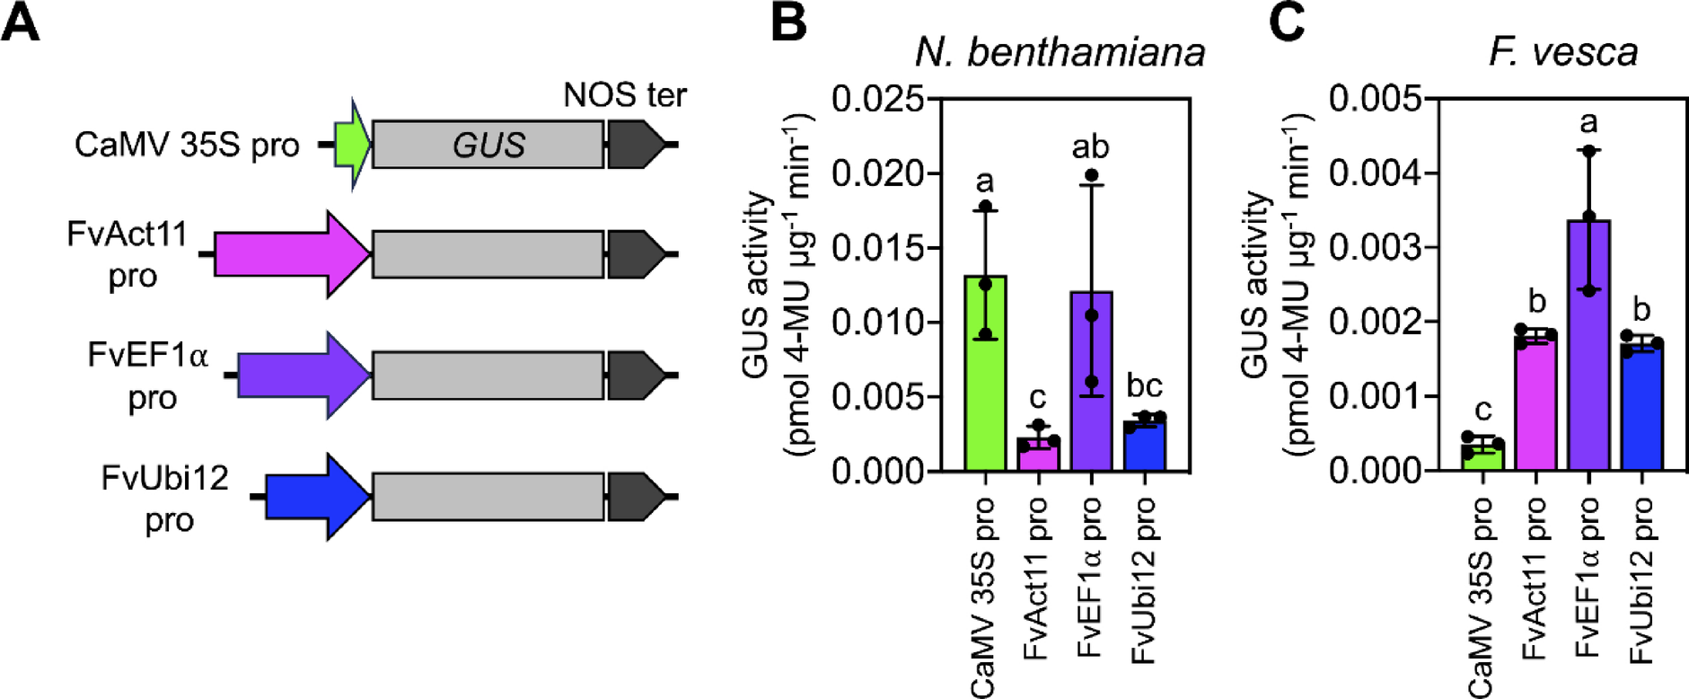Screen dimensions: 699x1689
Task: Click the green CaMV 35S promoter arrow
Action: click(351, 145)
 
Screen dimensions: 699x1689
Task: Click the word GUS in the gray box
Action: click(488, 145)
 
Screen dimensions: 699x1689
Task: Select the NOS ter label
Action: click(624, 94)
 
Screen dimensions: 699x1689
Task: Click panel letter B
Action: click(788, 22)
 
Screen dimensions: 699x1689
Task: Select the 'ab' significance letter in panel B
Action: click(1090, 146)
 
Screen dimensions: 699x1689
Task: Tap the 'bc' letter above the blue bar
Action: click(1144, 385)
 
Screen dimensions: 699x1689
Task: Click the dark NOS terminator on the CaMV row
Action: click(635, 145)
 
